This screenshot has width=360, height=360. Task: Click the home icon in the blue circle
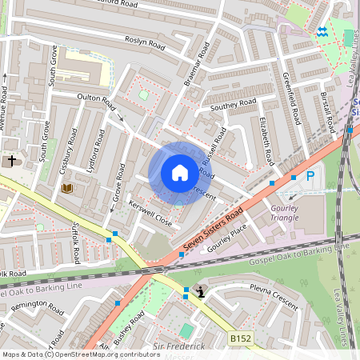click(x=179, y=173)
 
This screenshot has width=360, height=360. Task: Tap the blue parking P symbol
click(x=310, y=175)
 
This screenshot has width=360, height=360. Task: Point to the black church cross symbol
click(x=11, y=161)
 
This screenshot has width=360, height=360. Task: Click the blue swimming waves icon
click(x=322, y=31)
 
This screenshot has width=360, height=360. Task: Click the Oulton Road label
click(x=96, y=99)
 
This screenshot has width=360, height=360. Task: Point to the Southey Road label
click(x=233, y=105)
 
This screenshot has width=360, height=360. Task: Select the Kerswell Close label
click(x=150, y=213)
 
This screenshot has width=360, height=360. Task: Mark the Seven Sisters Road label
click(x=212, y=230)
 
